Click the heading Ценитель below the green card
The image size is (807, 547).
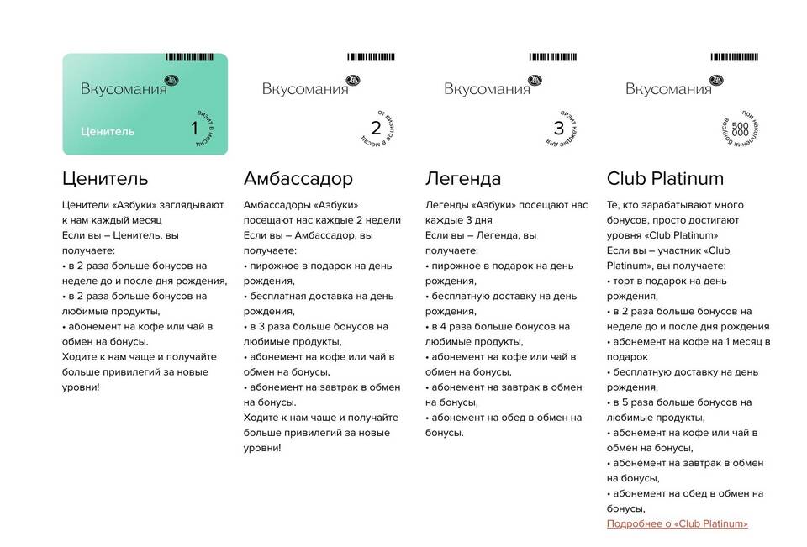pos(105,179)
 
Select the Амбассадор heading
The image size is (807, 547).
pos(298,179)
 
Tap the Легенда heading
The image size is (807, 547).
pos(463,179)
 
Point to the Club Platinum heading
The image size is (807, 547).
pos(665,179)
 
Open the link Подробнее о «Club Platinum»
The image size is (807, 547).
pos(677,523)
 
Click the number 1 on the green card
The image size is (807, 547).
pos(195,129)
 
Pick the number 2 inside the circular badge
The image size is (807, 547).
pos(376,129)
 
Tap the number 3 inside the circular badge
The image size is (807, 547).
pos(559,129)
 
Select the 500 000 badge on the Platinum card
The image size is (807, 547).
pos(740,129)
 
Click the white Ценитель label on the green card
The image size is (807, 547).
pos(108,131)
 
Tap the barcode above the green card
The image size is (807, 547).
pos(196,57)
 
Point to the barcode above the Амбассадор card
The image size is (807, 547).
pos(377,57)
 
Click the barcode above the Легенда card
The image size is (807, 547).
pos(559,57)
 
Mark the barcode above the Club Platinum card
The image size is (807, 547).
pos(741,57)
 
